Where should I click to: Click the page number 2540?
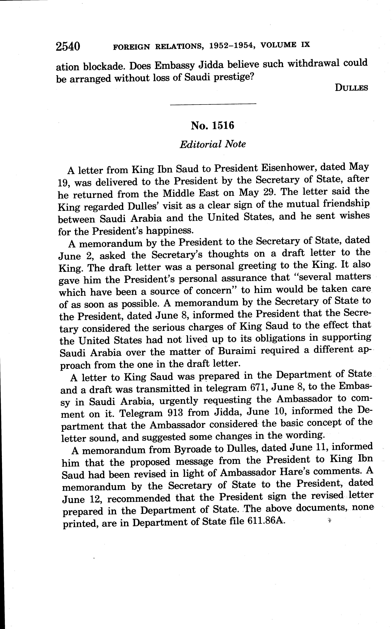(68, 47)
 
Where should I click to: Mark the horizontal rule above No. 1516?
(213, 104)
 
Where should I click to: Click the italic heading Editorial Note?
(213, 144)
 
